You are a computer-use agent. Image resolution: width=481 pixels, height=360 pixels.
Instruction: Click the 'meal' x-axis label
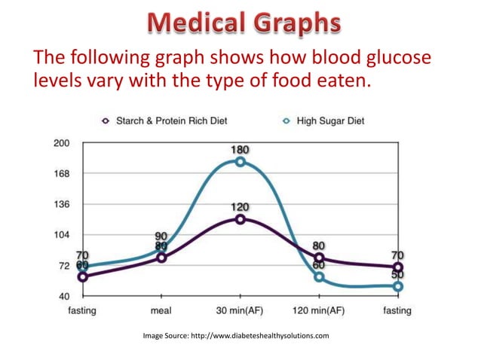161,310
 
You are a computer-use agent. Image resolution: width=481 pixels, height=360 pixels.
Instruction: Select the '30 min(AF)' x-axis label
240,310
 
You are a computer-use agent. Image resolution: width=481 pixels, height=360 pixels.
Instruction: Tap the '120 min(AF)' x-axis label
318,310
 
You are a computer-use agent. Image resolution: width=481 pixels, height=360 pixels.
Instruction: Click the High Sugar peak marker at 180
240,162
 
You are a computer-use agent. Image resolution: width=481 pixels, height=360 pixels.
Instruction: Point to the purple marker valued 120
240,219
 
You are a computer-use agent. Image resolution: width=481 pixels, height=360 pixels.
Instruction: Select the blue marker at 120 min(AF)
319,277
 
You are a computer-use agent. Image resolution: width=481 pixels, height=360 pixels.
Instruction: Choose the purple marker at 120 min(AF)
319,258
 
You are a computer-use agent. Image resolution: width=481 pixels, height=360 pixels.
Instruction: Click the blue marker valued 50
397,286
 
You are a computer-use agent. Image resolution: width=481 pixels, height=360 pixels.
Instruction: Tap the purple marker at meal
161,258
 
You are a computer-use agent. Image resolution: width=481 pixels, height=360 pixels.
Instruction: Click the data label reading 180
240,150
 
